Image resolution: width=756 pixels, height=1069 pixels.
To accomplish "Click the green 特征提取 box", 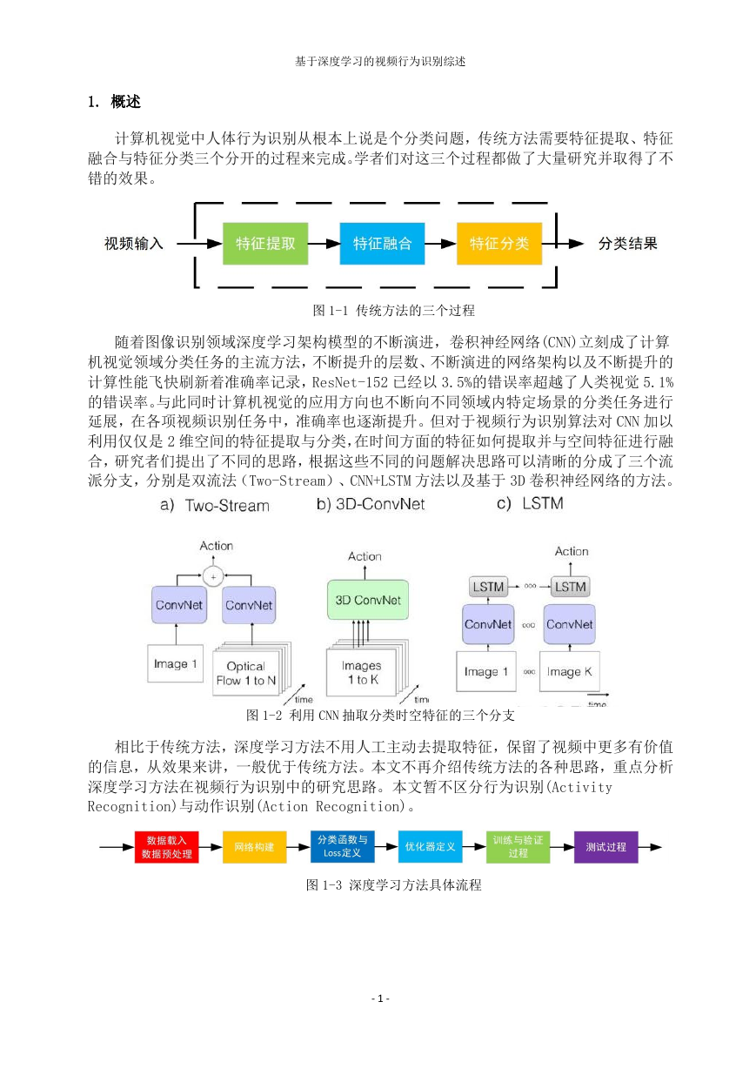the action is (265, 244).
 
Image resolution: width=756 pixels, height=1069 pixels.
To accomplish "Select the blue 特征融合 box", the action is (382, 244).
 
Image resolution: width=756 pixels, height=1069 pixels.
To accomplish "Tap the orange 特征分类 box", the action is (499, 244).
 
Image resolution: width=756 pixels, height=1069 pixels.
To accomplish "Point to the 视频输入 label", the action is (134, 244).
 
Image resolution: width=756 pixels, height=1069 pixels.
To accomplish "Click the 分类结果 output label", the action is (628, 244).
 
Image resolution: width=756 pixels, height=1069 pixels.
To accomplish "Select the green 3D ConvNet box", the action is (368, 600).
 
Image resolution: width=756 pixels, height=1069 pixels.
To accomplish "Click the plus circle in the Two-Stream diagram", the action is (213, 577).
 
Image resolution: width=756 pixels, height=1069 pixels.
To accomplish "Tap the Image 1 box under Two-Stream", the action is (175, 664).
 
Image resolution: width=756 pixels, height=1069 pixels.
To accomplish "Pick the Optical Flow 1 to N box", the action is (246, 674).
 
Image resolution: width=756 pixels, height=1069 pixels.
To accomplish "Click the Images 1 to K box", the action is (362, 672).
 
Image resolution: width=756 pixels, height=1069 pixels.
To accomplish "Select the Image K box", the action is (570, 671).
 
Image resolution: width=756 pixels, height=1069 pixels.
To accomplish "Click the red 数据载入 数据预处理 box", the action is (166, 847).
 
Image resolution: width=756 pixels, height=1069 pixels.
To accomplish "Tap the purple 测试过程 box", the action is (605, 847).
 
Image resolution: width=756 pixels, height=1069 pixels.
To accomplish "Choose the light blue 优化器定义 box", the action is (431, 847).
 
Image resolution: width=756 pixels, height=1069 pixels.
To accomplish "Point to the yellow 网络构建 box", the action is (254, 847).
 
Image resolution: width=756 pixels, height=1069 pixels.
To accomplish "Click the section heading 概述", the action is (125, 102).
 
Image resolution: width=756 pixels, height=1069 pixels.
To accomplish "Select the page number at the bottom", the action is (380, 998).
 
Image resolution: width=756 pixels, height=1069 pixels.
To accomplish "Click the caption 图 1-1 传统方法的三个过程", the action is (393, 311).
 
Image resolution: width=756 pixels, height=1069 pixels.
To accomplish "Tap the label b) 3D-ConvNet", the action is (370, 504).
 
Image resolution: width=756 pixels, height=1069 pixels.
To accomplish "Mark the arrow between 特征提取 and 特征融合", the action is (324, 244).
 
